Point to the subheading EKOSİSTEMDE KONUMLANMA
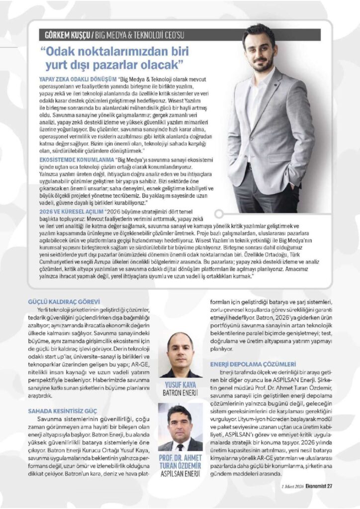76,160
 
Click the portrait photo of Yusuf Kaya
180,355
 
